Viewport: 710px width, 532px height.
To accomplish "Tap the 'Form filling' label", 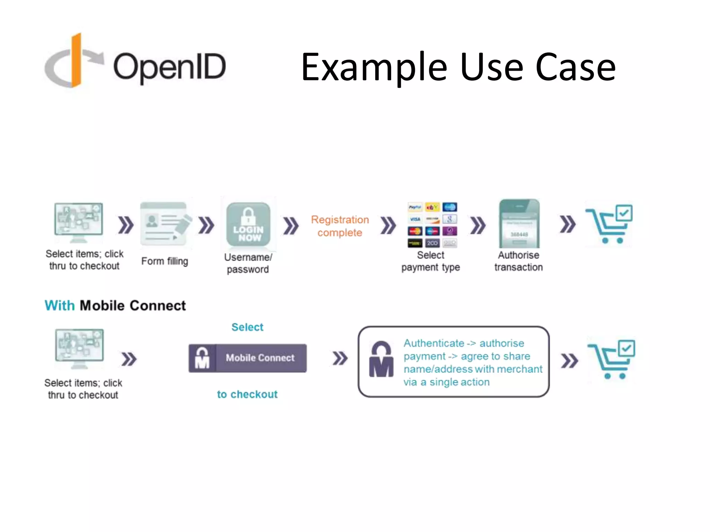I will pyautogui.click(x=165, y=261).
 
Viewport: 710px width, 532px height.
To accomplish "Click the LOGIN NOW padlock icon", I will pyautogui.click(x=248, y=224).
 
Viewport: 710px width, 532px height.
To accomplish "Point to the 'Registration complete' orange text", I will pyautogui.click(x=340, y=226).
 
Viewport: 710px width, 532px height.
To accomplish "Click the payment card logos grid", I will pyautogui.click(x=432, y=225).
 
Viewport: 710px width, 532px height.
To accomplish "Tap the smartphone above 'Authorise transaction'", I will pyautogui.click(x=519, y=223).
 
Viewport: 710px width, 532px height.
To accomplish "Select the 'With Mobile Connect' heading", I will pyautogui.click(x=115, y=305).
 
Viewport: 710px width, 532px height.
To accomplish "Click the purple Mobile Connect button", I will pyautogui.click(x=248, y=358).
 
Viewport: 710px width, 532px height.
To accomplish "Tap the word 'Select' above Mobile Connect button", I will pyautogui.click(x=247, y=327).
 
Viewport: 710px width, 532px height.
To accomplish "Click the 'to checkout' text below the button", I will pyautogui.click(x=247, y=394).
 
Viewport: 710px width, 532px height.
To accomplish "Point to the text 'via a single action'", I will pyautogui.click(x=447, y=382).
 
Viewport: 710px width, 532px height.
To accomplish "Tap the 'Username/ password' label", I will pyautogui.click(x=248, y=263).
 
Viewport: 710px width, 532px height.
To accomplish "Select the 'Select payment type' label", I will pyautogui.click(x=431, y=261).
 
